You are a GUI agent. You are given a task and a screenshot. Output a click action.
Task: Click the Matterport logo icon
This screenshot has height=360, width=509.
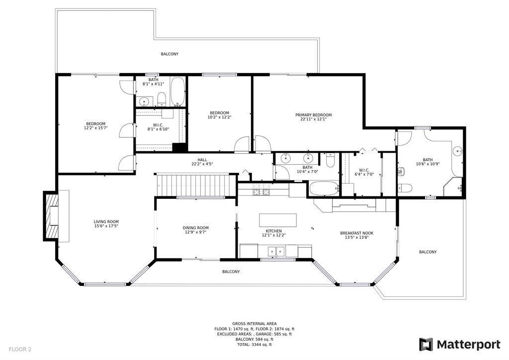point(425,344)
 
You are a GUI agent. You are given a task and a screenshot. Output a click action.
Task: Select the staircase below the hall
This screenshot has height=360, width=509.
point(194,185)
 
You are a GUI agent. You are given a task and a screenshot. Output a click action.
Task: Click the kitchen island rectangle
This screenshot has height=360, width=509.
point(277,220)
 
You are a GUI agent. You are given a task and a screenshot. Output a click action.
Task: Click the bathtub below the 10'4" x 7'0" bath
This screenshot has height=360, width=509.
point(323,189)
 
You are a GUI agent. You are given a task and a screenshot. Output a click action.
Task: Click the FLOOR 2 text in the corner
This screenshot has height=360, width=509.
point(20,349)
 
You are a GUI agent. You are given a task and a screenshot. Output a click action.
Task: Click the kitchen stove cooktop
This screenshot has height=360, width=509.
point(261,191)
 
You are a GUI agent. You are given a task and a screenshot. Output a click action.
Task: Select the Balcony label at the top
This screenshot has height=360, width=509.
point(170,54)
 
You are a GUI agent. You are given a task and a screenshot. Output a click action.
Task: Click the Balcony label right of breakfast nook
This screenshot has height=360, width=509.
point(427,252)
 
